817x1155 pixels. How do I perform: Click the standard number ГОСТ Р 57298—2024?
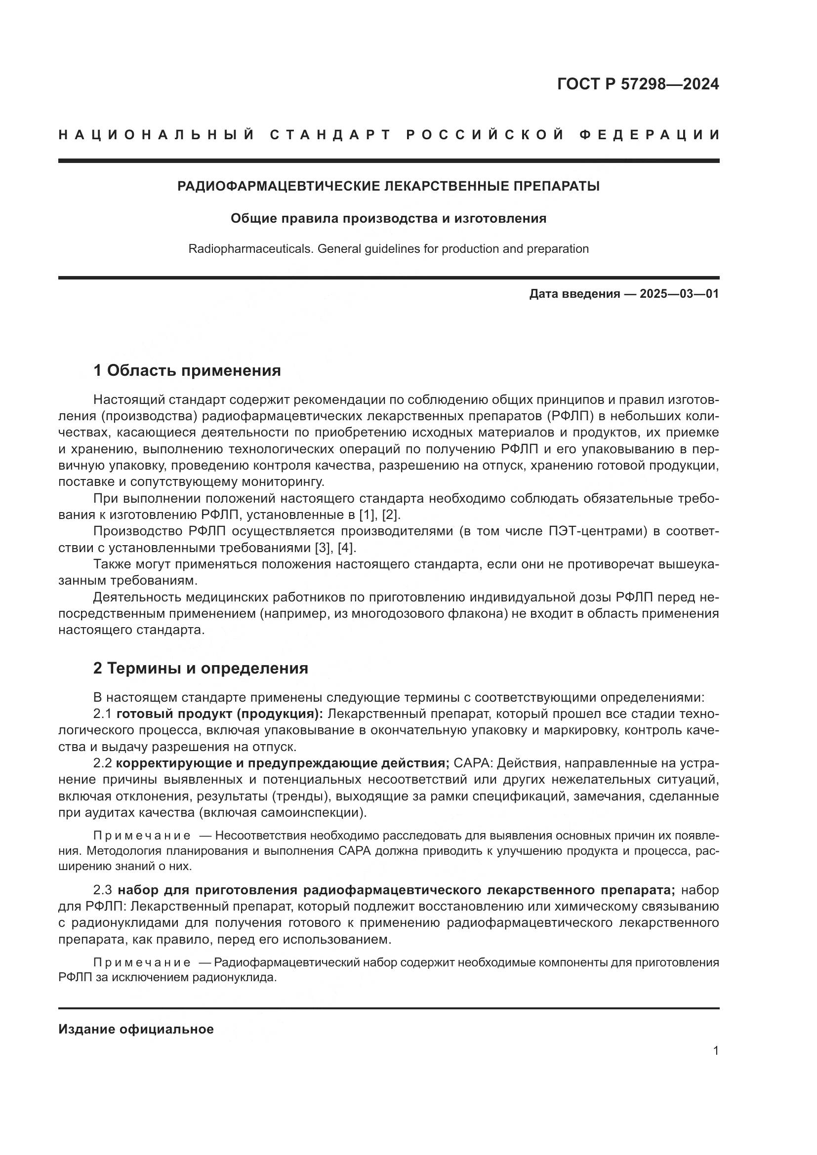point(638,84)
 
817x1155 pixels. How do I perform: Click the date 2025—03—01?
point(679,294)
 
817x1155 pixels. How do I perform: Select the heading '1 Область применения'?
point(187,371)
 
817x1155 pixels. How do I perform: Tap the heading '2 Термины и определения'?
point(201,668)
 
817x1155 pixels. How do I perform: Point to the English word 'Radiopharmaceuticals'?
point(251,249)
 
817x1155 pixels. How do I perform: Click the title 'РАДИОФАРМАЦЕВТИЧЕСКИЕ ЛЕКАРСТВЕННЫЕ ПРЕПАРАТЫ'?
point(388,187)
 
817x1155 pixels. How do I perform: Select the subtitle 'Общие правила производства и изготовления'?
point(388,219)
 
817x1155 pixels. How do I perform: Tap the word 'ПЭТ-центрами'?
point(598,531)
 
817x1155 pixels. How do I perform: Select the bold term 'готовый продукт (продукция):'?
point(220,714)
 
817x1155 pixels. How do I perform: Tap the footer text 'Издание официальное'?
point(136,1029)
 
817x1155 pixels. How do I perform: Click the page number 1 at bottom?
point(716,1051)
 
